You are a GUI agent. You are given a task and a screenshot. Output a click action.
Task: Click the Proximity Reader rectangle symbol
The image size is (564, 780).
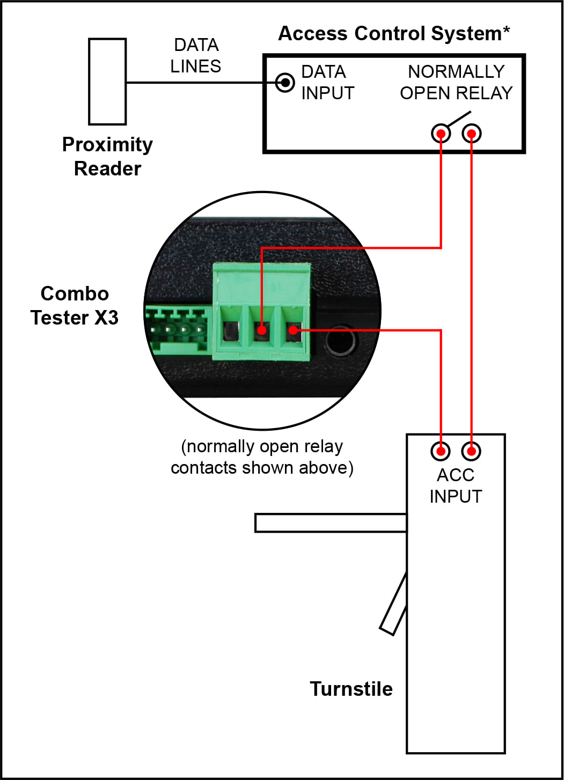coord(107,82)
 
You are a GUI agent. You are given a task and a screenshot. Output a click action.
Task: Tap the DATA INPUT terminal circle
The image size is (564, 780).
coord(285,83)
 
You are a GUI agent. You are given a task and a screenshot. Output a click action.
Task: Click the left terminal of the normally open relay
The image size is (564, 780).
coord(441,134)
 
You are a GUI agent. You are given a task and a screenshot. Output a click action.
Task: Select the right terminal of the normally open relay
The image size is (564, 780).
coord(472,134)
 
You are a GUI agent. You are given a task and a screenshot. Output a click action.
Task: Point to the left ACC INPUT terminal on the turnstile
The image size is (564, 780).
coord(441,451)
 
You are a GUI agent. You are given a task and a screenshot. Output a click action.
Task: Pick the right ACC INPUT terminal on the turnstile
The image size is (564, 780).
coord(471,451)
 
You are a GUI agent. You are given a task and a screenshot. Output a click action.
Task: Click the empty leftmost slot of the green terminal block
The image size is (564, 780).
coord(230,330)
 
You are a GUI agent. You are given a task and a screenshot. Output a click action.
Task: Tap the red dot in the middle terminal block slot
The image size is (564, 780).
coord(262,330)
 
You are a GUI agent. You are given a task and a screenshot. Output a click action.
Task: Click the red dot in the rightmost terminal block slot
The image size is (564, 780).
coord(294,330)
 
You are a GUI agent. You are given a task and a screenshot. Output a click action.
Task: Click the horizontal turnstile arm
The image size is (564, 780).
coord(331,523)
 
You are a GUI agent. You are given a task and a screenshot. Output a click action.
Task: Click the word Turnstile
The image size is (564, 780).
coord(351,689)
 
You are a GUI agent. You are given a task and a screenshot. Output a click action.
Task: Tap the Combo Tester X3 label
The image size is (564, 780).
coord(75,305)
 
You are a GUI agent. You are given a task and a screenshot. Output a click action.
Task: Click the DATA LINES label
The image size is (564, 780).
coord(196,55)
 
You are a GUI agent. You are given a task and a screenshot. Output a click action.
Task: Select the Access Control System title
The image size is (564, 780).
coord(394,33)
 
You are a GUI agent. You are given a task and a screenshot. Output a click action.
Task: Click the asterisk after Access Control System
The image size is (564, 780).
coord(506,30)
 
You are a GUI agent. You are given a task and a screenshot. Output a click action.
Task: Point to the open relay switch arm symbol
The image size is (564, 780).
coord(459,119)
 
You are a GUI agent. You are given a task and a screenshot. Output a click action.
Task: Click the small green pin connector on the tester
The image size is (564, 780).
coord(178,330)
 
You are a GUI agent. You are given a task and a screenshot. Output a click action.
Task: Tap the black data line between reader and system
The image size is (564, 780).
coord(201,83)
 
